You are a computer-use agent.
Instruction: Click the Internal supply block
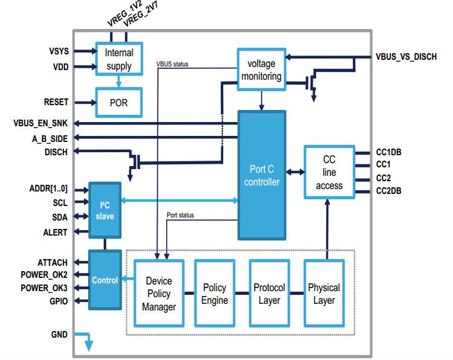[119, 59]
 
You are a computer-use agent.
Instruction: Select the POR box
[119, 102]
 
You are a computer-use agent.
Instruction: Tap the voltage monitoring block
[261, 69]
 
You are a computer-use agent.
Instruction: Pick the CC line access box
[329, 172]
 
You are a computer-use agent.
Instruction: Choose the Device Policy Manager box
[159, 294]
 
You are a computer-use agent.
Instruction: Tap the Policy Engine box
[214, 294]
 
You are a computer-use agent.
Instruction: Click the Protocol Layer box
[269, 294]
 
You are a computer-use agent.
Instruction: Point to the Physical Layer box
[324, 294]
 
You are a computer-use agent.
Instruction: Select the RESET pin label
[56, 102]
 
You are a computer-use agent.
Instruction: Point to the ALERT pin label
[56, 232]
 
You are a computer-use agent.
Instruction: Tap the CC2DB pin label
[388, 191]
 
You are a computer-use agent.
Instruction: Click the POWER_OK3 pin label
[44, 288]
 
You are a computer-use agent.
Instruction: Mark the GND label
[59, 334]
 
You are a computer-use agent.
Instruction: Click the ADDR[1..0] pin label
[48, 188]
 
